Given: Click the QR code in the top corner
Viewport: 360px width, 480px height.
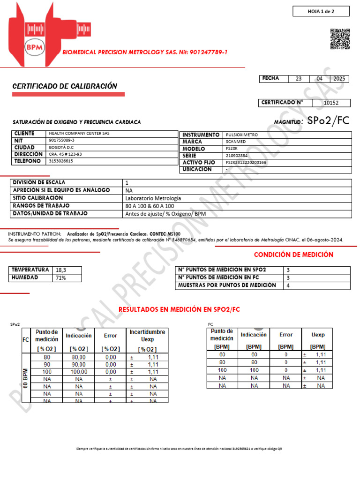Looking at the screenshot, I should [x=340, y=39].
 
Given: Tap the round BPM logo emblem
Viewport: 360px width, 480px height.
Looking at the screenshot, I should [x=33, y=47].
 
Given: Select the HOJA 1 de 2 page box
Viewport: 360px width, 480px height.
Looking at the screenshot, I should [x=321, y=11].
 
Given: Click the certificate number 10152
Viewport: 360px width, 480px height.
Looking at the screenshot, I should [x=330, y=103].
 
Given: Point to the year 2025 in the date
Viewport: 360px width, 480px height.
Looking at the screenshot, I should [x=338, y=79].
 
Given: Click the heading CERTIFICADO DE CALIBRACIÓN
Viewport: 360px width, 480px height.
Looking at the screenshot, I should [x=64, y=86].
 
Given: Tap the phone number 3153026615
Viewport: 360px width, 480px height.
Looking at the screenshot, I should [x=61, y=161].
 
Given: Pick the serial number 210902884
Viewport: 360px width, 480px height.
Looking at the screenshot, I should [x=237, y=156].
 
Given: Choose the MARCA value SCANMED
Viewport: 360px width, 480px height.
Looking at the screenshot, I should [x=236, y=142].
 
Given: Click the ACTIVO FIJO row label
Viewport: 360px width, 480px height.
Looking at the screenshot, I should [x=199, y=163].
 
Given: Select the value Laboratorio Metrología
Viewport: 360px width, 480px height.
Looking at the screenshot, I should [x=153, y=198].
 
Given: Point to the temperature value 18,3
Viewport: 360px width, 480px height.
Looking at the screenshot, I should [x=61, y=270].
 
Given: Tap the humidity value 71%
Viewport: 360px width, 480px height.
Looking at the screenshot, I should [x=61, y=277].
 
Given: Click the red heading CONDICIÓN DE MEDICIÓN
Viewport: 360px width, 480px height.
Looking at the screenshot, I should [x=293, y=255].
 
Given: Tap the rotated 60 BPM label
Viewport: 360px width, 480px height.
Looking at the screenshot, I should [x=25, y=377].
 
